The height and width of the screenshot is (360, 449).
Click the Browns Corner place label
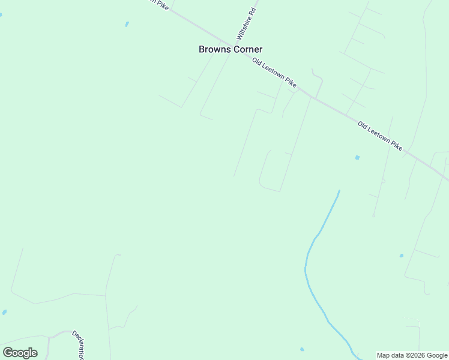click(231, 50)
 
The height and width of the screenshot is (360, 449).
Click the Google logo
click(20, 353)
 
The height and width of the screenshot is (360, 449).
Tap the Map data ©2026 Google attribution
click(412, 355)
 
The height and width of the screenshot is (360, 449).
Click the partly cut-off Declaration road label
click(78, 345)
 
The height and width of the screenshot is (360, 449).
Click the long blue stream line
click(308, 270)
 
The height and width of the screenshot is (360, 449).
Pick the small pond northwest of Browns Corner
click(127, 25)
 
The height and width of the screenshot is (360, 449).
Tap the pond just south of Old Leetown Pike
click(357, 158)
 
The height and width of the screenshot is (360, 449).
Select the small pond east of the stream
click(402, 256)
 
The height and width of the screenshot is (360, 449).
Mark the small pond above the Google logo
click(5, 313)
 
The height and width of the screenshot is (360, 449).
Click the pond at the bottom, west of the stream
click(302, 349)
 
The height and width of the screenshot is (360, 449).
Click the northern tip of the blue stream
click(339, 191)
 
